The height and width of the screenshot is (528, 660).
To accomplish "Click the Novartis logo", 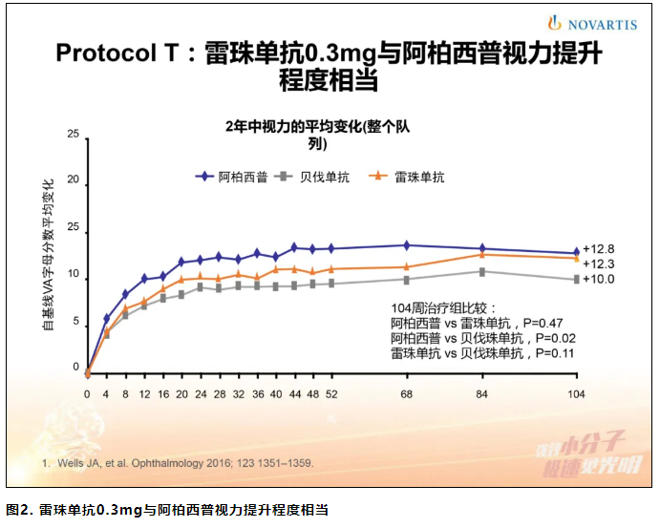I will (x=591, y=24).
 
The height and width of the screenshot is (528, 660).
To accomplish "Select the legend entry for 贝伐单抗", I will (x=314, y=177).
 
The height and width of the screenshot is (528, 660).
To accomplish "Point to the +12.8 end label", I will (x=598, y=248).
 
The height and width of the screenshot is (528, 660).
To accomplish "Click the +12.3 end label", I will (x=598, y=264).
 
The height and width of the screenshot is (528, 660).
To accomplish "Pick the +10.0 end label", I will (x=598, y=280).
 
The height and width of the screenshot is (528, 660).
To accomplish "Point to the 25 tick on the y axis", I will (x=74, y=135).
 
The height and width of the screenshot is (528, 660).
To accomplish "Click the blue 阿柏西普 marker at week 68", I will (x=407, y=245).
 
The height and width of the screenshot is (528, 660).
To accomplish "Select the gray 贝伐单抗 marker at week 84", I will (x=482, y=271).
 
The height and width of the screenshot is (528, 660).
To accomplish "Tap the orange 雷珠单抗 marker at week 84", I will (x=482, y=254).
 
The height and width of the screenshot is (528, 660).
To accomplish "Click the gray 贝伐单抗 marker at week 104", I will (x=576, y=280).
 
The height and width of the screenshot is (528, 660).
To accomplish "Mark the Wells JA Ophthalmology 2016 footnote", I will (x=181, y=463).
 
